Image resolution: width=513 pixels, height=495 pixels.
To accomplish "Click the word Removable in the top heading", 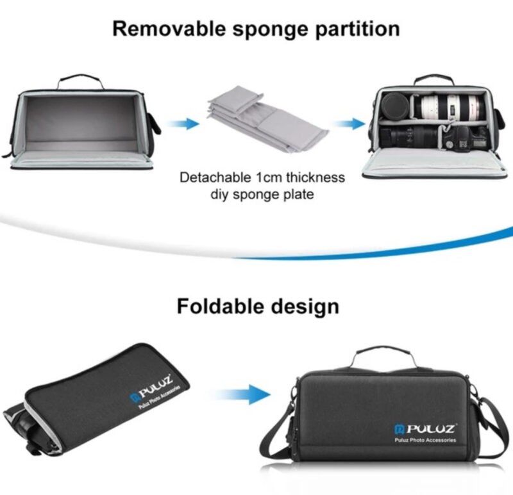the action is pyautogui.click(x=169, y=28).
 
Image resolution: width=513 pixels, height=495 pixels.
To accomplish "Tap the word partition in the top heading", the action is pyautogui.click(x=357, y=29).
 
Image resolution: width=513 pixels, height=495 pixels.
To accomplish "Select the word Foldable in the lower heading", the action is pyautogui.click(x=221, y=306).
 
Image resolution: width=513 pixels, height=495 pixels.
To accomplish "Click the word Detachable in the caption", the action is pyautogui.click(x=215, y=177).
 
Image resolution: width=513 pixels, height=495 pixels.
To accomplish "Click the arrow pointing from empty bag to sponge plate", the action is pyautogui.click(x=183, y=124).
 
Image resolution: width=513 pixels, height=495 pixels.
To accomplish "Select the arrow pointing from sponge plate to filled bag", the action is pyautogui.click(x=349, y=124).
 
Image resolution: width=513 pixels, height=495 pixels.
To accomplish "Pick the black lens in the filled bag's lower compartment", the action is pyautogui.click(x=409, y=136).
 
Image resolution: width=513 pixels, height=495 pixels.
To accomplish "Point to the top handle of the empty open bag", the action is pyautogui.click(x=80, y=81).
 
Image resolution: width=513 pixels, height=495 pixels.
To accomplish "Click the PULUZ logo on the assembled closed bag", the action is pyautogui.click(x=426, y=428).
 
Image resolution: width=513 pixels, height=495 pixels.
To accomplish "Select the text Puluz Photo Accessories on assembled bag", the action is pyautogui.click(x=425, y=440).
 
